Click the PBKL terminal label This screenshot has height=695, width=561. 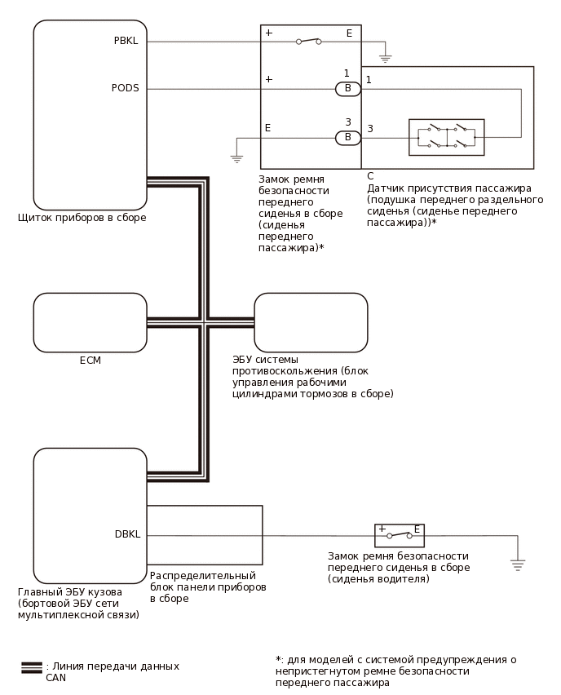(x=126, y=40)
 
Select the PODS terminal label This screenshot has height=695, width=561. (x=125, y=88)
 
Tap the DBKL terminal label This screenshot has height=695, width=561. (x=128, y=535)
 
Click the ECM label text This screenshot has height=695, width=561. (x=90, y=360)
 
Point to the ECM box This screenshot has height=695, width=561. (x=90, y=323)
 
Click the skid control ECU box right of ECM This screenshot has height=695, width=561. (x=311, y=323)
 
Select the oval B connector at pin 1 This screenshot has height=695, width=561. (x=348, y=88)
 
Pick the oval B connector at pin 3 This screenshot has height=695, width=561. (x=348, y=137)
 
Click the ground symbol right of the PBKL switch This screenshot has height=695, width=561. (x=386, y=59)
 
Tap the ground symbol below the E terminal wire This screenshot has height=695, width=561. (x=237, y=157)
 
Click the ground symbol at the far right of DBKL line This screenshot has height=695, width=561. (x=517, y=562)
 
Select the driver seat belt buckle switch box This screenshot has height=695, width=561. (x=400, y=535)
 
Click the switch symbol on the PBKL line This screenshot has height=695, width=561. (x=307, y=41)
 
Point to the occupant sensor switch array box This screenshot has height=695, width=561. (x=446, y=137)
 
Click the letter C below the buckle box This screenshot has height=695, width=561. (x=370, y=176)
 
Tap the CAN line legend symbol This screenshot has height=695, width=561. (x=32, y=666)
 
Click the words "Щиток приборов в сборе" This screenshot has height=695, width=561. (x=82, y=218)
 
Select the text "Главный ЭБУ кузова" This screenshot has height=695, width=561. (x=70, y=592)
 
